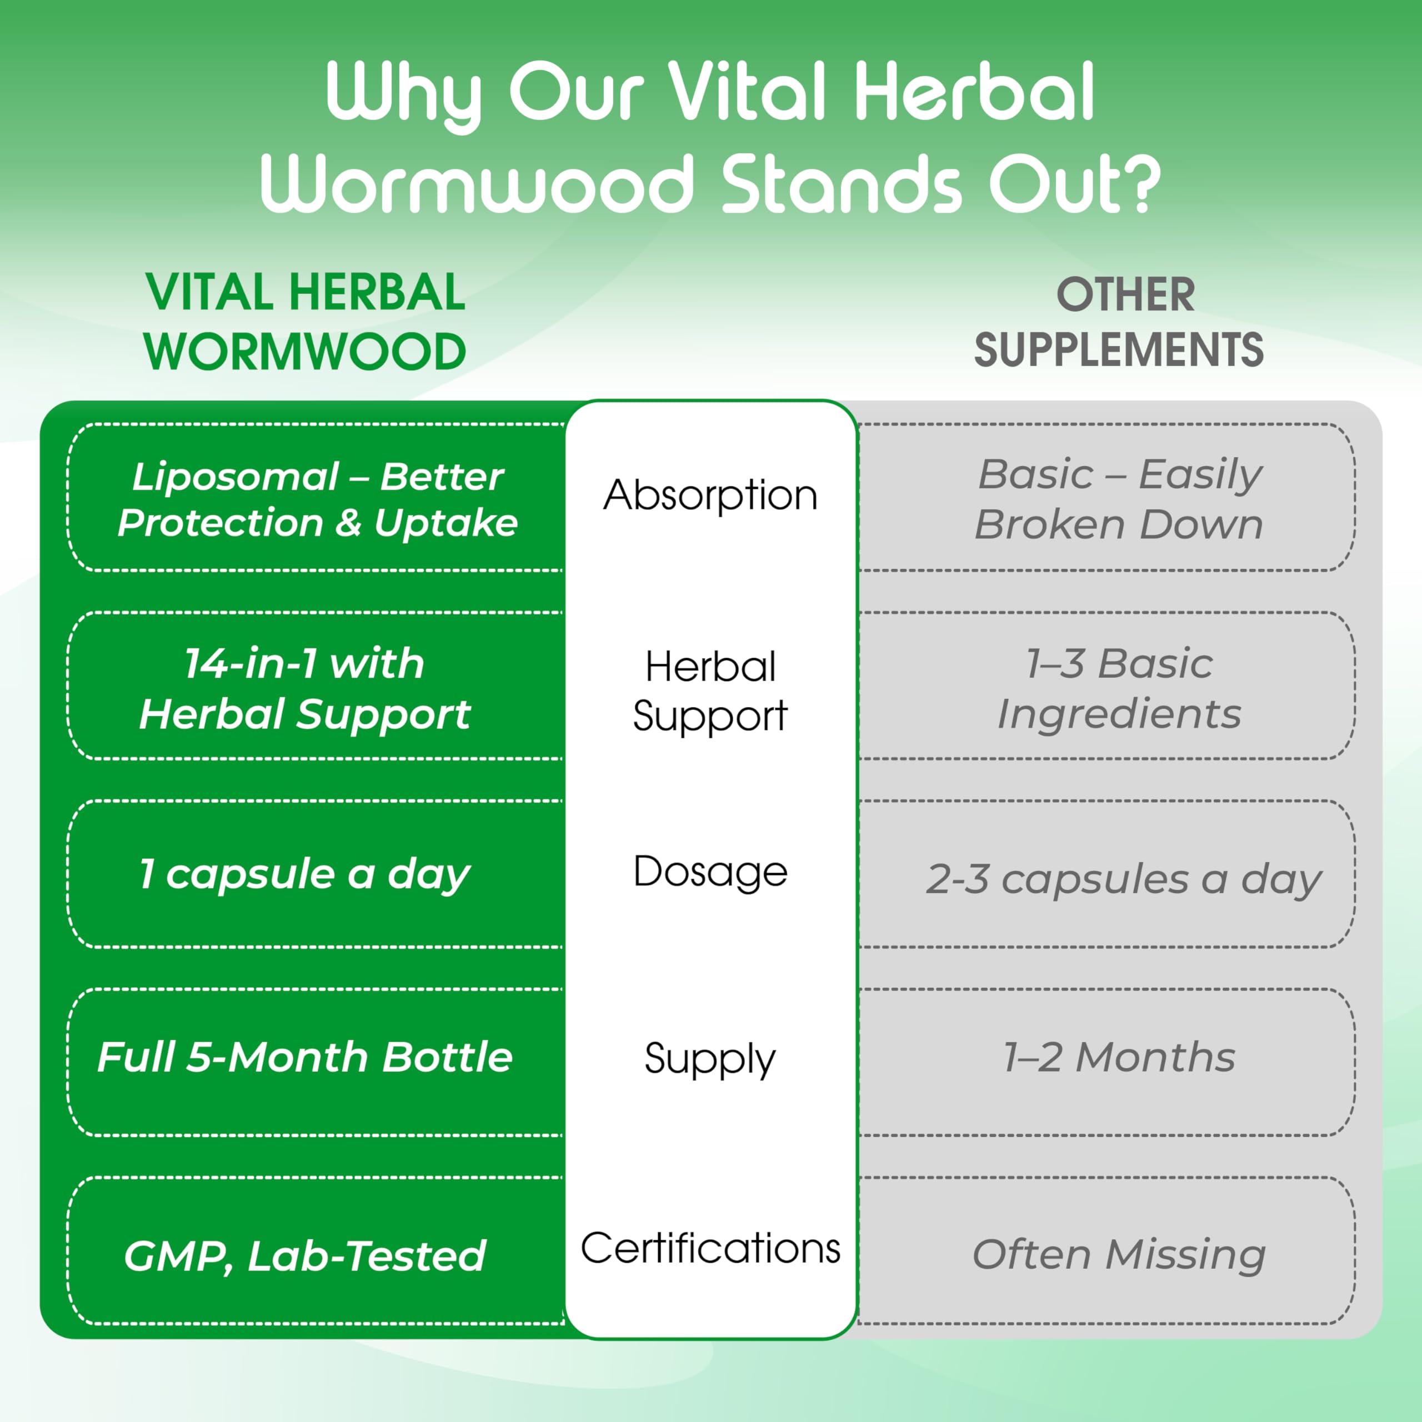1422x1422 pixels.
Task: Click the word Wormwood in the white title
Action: (x=477, y=184)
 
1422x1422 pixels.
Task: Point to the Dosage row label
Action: (x=710, y=872)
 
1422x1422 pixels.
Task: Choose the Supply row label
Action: (x=710, y=1060)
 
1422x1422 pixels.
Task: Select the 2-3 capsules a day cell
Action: (x=1123, y=879)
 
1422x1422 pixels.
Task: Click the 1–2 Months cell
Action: (x=1119, y=1058)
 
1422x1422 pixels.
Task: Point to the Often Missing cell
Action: (x=1119, y=1254)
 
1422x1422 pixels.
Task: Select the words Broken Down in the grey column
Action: (x=1119, y=525)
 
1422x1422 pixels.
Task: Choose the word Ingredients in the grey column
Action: (x=1119, y=714)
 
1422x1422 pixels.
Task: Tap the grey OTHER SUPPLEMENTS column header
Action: (x=1119, y=322)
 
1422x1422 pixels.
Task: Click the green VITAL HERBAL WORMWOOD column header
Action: (x=305, y=322)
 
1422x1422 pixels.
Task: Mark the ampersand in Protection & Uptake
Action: (x=348, y=523)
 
